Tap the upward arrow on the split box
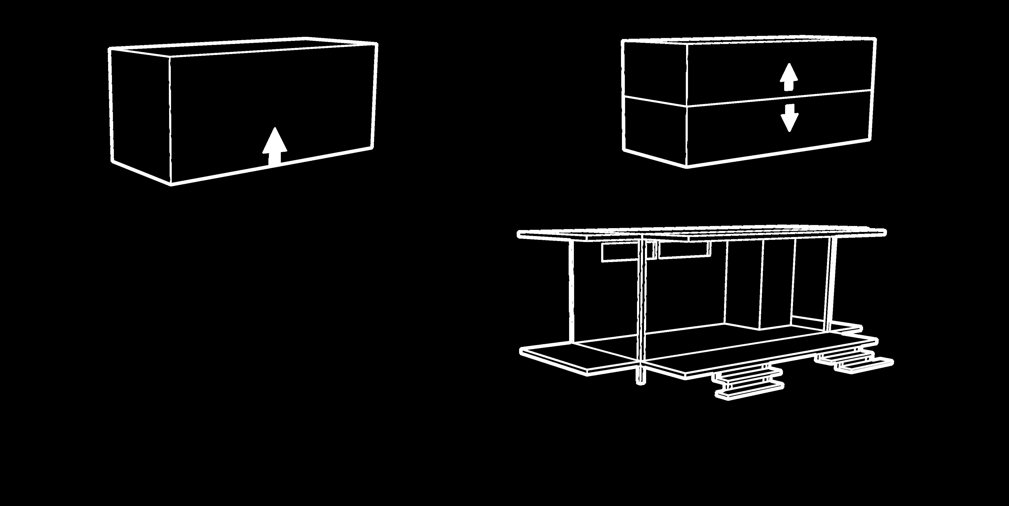click(x=788, y=77)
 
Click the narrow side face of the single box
click(x=140, y=114)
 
